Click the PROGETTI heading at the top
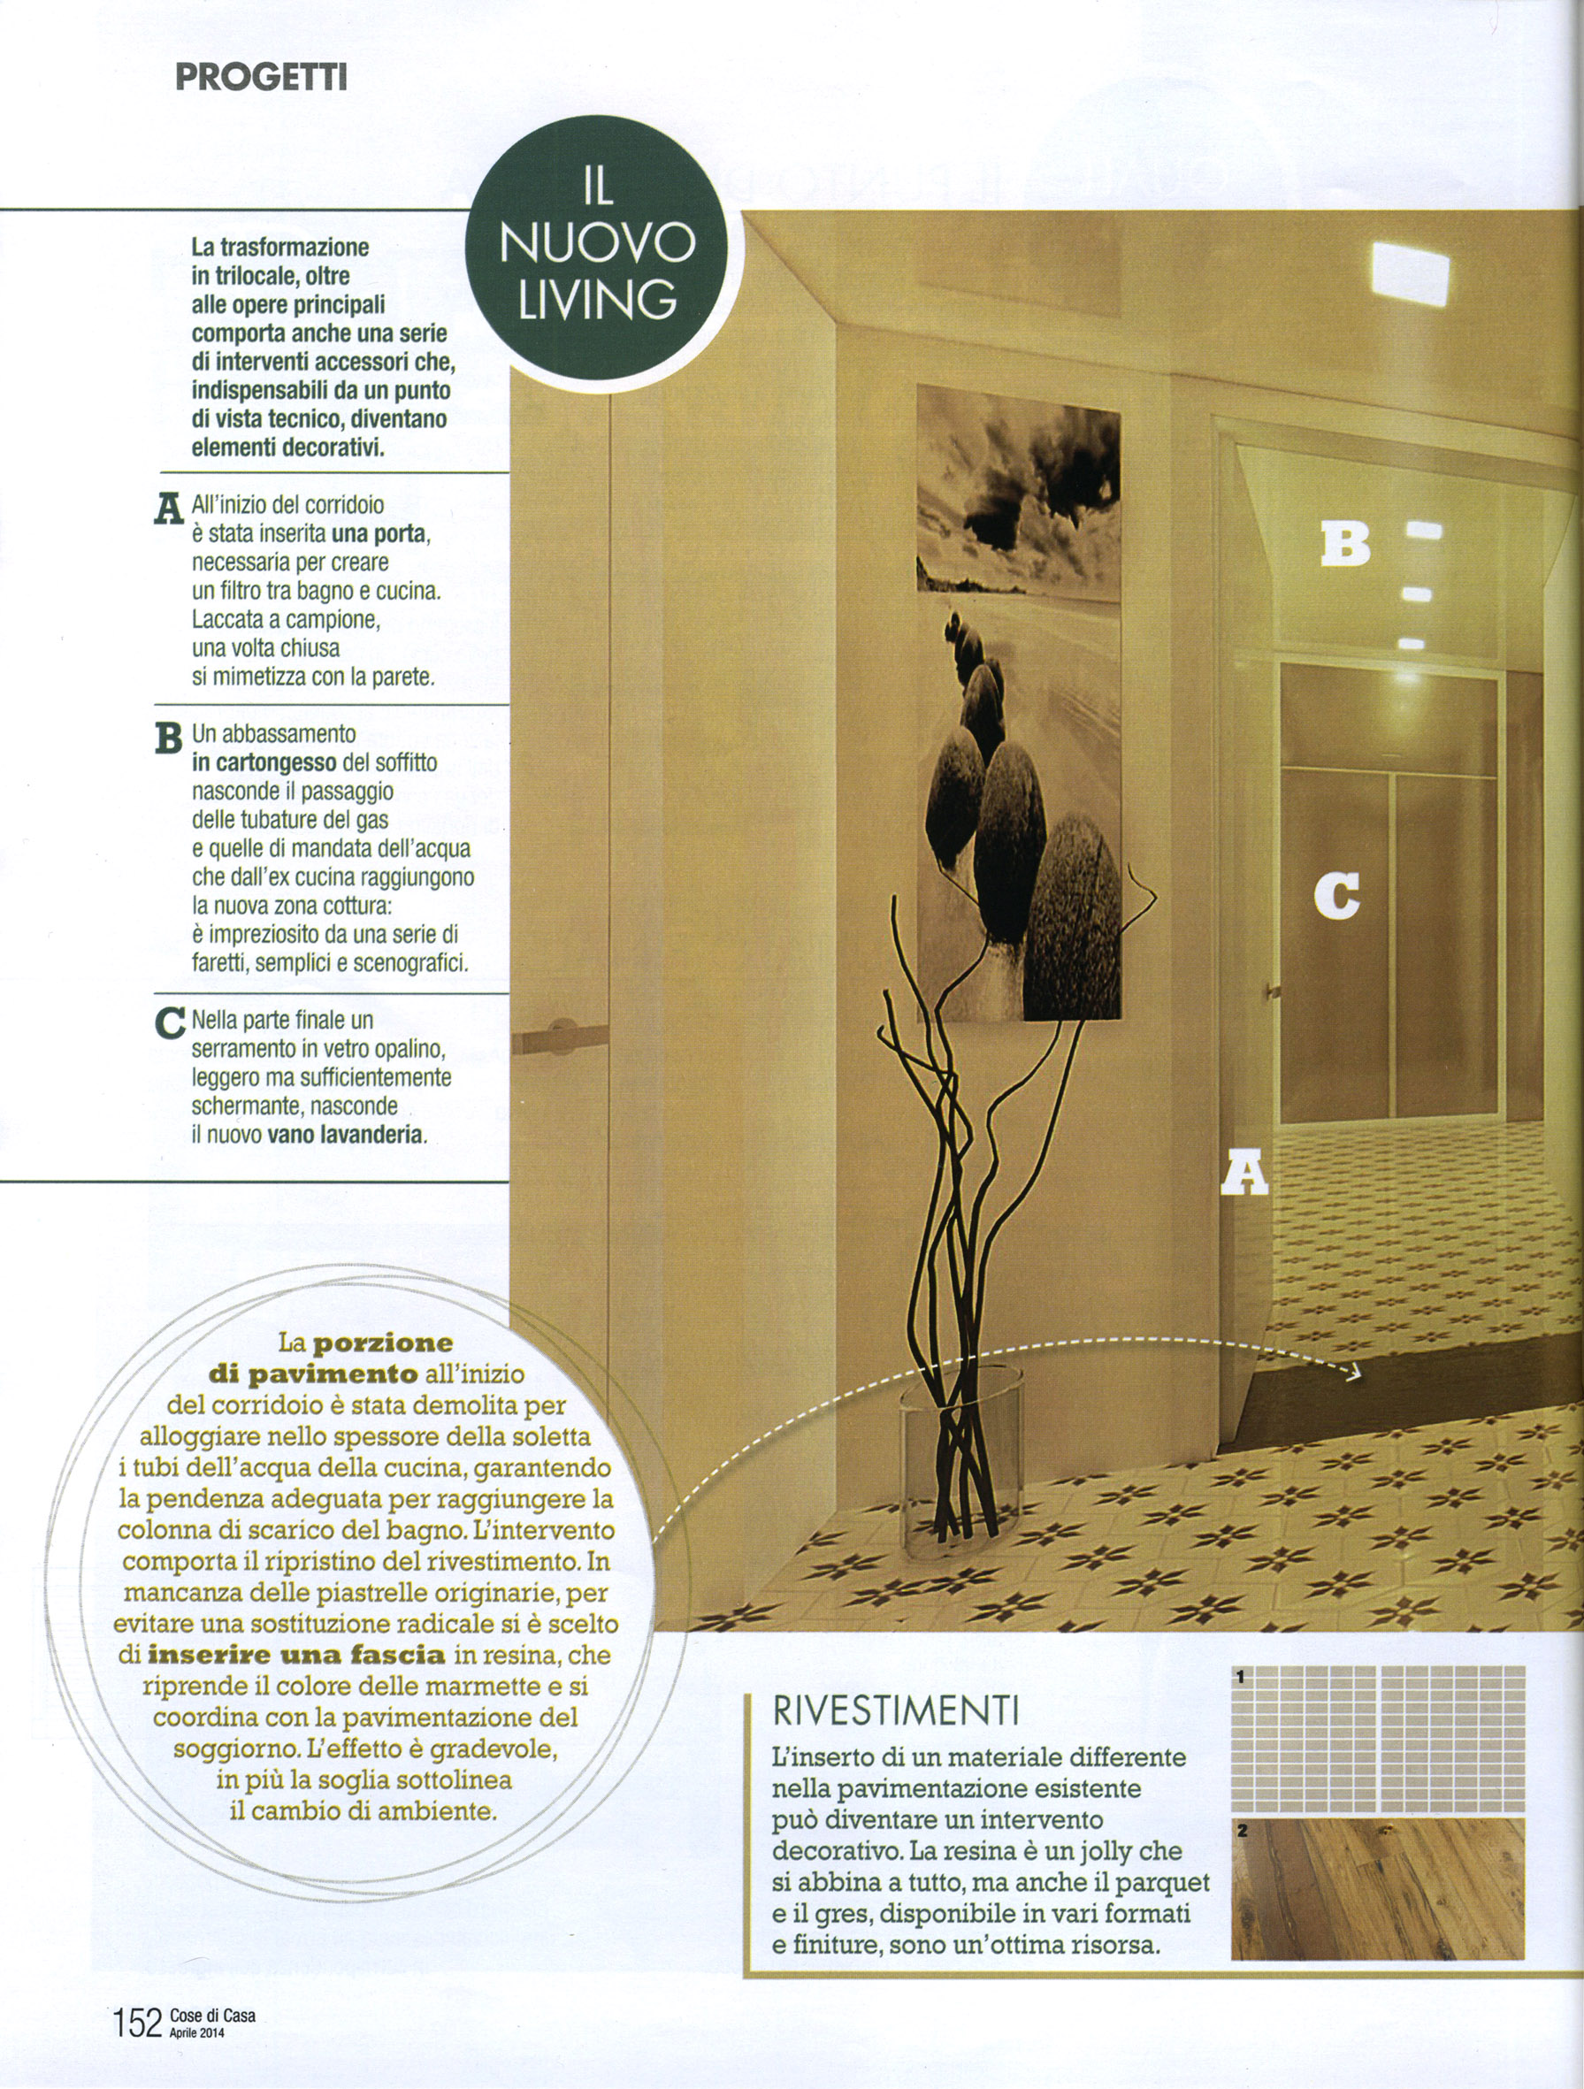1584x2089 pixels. coord(262,75)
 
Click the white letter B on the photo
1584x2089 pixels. coord(1344,544)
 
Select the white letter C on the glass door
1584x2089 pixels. coord(1336,895)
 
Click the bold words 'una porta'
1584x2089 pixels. coord(379,533)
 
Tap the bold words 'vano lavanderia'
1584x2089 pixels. coord(345,1134)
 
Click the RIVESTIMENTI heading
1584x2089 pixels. coord(894,1710)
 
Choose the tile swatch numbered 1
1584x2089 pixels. coord(1378,1738)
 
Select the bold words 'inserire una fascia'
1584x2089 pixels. coord(295,1655)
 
